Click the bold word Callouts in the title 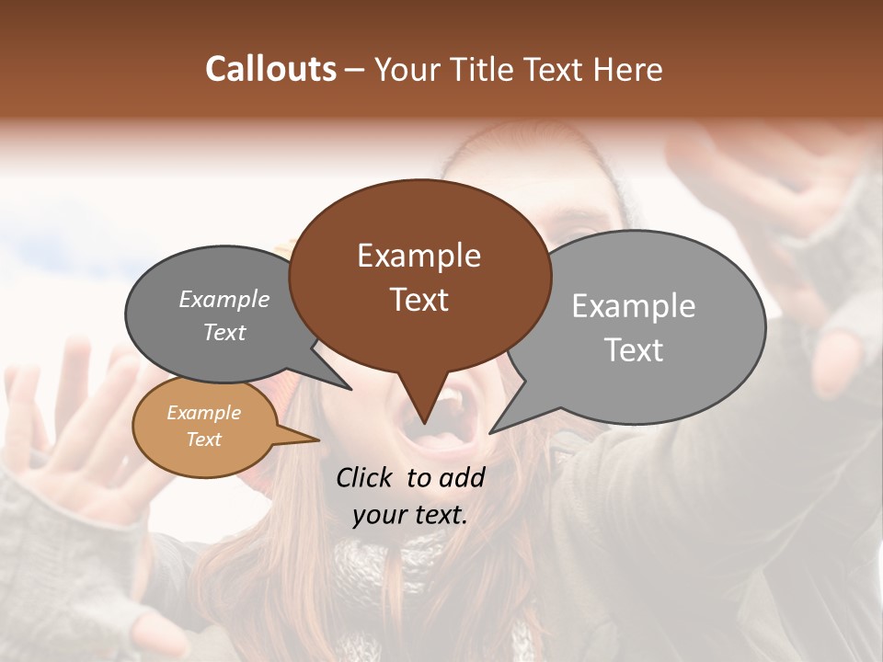tap(270, 69)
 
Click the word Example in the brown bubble tap(419, 256)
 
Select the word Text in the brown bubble tap(419, 300)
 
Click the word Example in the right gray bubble tap(634, 306)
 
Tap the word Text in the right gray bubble tap(635, 350)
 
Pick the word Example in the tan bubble tap(204, 413)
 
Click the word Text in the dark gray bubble tap(224, 333)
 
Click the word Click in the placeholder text tap(366, 477)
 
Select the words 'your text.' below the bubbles tap(410, 515)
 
